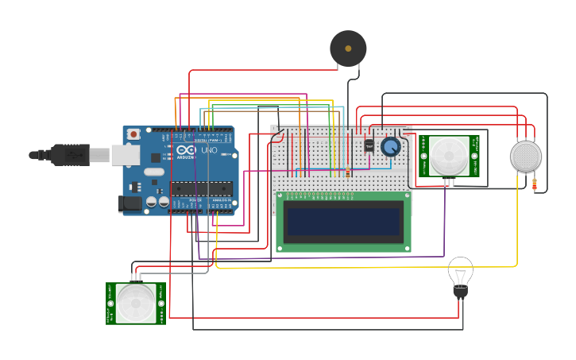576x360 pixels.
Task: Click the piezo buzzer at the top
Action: pyautogui.click(x=348, y=48)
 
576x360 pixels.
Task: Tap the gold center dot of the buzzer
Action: pyautogui.click(x=348, y=48)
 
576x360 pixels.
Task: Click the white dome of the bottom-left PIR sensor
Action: pyautogui.click(x=136, y=303)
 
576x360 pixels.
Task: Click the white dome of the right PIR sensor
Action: pyautogui.click(x=449, y=155)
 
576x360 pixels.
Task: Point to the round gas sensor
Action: pyautogui.click(x=525, y=156)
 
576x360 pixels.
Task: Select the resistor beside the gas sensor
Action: pyautogui.click(x=534, y=184)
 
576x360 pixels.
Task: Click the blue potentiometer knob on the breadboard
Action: pyautogui.click(x=390, y=146)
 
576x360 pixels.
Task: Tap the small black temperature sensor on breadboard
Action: pyautogui.click(x=369, y=145)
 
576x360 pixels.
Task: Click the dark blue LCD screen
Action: pyautogui.click(x=343, y=222)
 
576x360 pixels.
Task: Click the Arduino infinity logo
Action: pyautogui.click(x=187, y=150)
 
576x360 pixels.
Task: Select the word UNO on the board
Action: pyautogui.click(x=208, y=150)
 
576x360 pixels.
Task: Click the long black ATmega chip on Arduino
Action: pyautogui.click(x=201, y=188)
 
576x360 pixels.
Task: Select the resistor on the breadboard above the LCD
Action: pyautogui.click(x=347, y=172)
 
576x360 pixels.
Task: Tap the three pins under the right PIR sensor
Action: pyautogui.click(x=449, y=182)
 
